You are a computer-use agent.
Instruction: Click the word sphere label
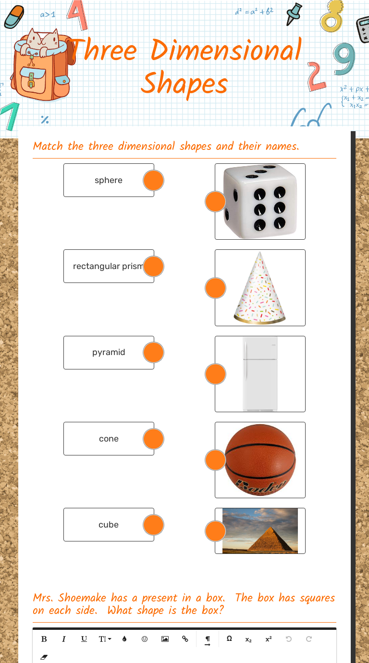(109, 180)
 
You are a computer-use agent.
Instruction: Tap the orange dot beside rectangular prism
(154, 267)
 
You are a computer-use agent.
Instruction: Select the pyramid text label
(109, 352)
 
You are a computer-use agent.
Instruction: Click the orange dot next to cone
(154, 439)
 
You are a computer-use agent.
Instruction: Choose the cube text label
(109, 525)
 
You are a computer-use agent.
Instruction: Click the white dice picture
(260, 201)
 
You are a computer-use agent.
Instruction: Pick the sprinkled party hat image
(260, 287)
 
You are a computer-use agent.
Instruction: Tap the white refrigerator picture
(260, 374)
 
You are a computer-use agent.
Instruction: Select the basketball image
(260, 460)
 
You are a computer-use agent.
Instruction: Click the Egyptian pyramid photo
(260, 530)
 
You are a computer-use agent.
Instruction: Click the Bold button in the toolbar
(44, 639)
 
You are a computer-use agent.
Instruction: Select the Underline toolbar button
(84, 639)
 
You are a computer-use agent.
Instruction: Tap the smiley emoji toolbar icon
(145, 639)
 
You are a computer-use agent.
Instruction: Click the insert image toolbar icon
(165, 639)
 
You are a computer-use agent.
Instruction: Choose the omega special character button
(229, 639)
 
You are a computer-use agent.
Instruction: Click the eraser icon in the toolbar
(44, 656)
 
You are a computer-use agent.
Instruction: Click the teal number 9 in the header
(344, 59)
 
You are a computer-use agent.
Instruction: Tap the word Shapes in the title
(184, 84)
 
